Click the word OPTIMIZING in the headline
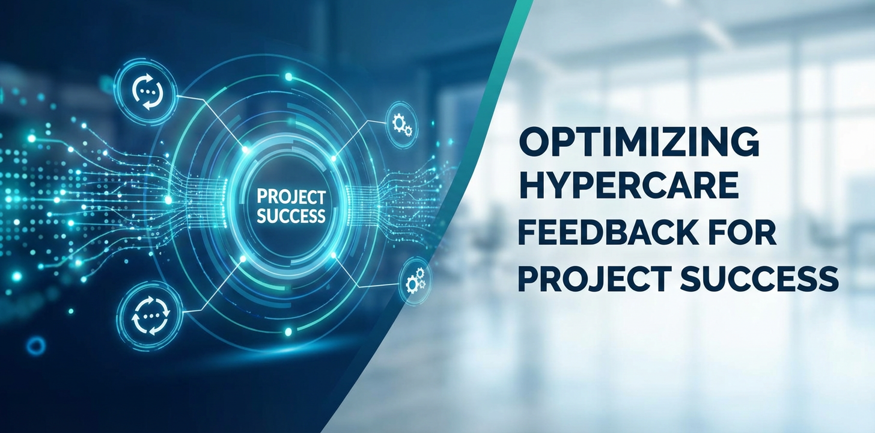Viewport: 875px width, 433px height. [x=639, y=143]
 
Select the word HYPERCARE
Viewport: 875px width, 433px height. [x=628, y=188]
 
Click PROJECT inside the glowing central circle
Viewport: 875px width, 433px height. [x=291, y=197]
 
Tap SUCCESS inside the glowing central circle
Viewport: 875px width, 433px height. [x=291, y=216]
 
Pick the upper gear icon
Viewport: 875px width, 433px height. [x=401, y=124]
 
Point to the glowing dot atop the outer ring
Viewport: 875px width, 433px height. [x=288, y=76]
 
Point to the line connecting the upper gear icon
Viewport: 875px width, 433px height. [x=361, y=140]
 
